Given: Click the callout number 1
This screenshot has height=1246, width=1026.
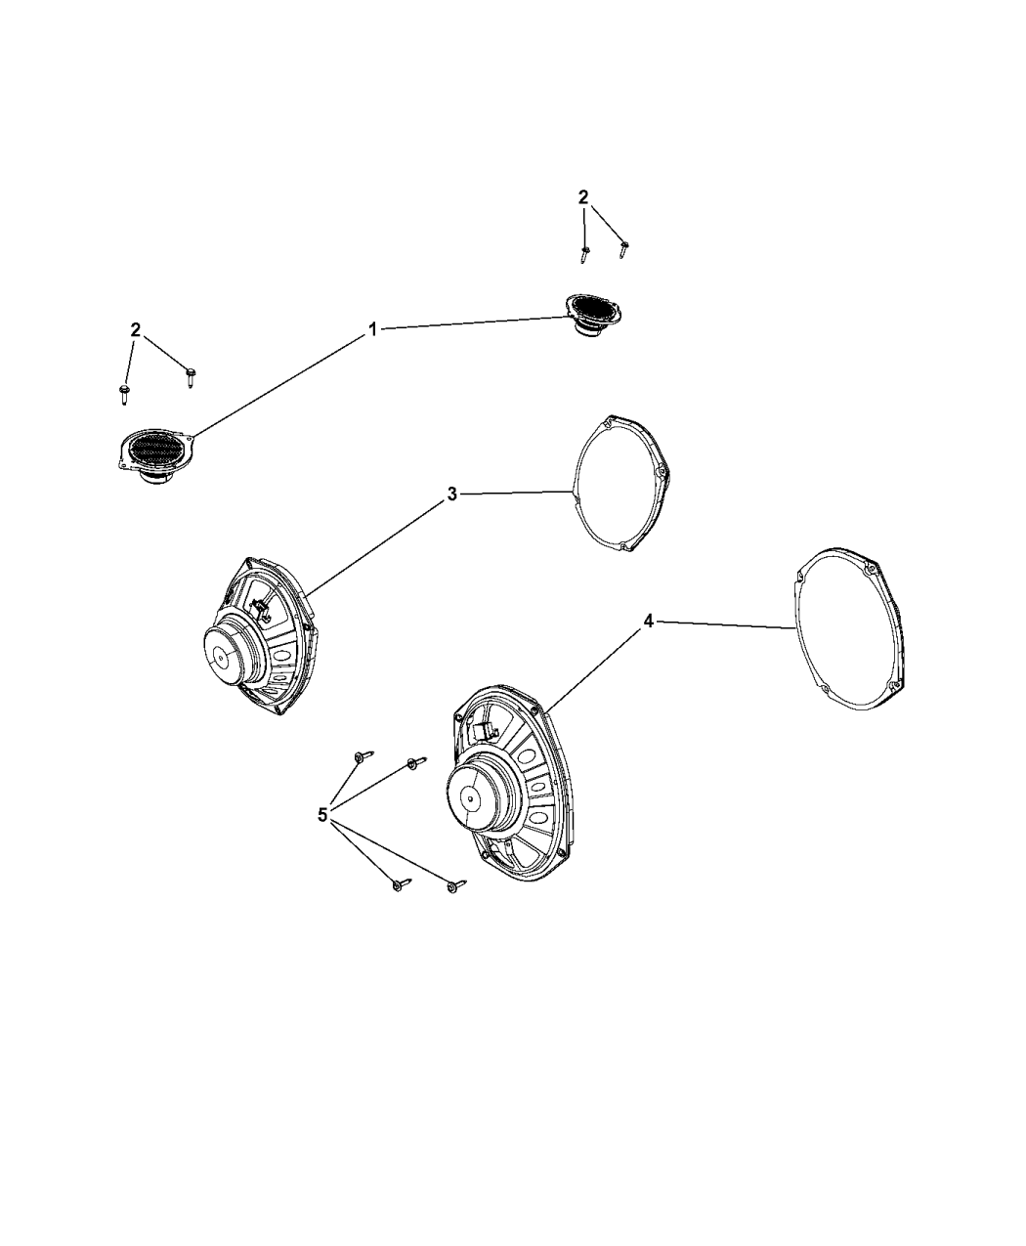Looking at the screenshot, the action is pos(372,328).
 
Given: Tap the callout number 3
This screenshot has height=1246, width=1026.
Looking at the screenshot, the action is pos(451,494).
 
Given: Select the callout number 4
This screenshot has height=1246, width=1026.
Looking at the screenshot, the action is pos(648,622).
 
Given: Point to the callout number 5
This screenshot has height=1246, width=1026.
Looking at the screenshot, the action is pos(322,815).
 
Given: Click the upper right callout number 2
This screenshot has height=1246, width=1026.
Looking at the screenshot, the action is pos(583,197).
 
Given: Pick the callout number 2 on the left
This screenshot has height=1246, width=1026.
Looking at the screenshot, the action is pos(136,329).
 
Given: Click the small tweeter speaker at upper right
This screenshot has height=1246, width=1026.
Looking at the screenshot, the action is pos(593,317).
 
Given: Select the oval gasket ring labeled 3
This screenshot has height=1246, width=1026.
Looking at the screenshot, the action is pos(620,484).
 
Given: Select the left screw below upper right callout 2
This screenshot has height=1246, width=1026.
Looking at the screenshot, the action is pos(585,254).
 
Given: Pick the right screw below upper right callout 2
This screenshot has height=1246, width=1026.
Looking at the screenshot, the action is pos(623,249).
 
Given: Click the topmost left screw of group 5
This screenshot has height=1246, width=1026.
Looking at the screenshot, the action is pos(363,756).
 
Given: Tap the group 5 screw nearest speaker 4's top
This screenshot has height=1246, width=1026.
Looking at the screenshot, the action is pos(416,762).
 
